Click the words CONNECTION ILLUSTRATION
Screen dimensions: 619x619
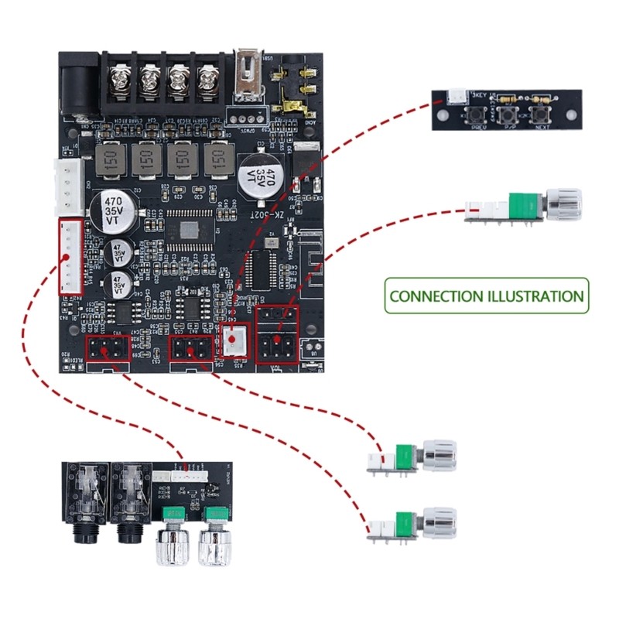pyautogui.click(x=487, y=296)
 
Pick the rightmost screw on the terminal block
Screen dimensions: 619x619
pyautogui.click(x=208, y=79)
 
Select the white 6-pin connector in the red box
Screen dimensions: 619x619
pyautogui.click(x=70, y=256)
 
